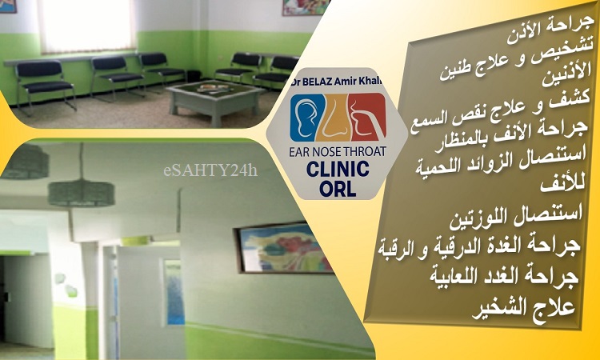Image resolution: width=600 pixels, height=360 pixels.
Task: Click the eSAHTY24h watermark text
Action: coord(210,170)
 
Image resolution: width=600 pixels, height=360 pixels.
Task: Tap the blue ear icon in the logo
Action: coord(302,118)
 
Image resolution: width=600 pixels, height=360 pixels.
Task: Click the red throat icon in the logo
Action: coord(367,117)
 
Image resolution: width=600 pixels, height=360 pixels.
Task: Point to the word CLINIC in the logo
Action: coord(338,169)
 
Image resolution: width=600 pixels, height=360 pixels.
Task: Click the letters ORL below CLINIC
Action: coord(338,188)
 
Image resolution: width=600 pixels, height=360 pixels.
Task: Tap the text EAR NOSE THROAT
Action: coord(338,151)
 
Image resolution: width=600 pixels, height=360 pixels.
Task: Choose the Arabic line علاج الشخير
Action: coord(524,308)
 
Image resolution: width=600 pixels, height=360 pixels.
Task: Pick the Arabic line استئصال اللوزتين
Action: coord(517,217)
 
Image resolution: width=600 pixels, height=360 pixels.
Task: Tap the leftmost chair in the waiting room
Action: coord(42,86)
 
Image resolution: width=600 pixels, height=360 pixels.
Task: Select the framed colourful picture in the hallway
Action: coord(283,248)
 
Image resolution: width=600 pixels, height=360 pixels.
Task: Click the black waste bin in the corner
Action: coord(194,76)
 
